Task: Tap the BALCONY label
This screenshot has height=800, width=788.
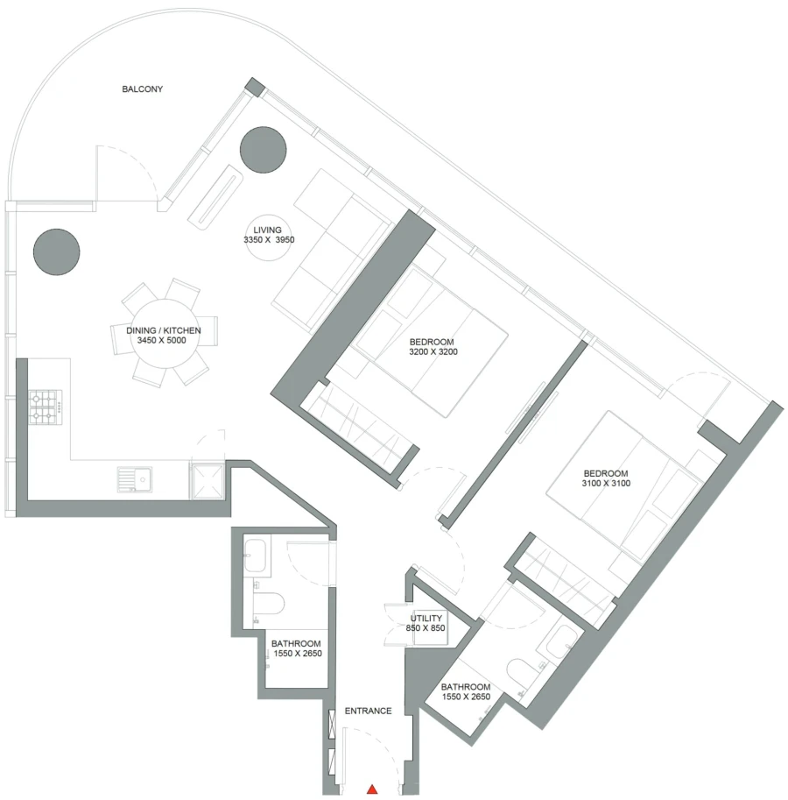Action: [x=143, y=89]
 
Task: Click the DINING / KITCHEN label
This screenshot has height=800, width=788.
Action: [x=164, y=330]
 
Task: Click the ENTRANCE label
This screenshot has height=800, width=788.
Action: [x=368, y=711]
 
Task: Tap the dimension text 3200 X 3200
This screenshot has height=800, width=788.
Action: [x=433, y=352]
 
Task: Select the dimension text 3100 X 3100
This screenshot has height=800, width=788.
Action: [x=606, y=483]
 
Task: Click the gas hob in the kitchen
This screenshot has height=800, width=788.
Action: [x=46, y=407]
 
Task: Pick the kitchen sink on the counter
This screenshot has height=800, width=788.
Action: [x=135, y=479]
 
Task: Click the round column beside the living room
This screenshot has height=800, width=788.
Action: [x=263, y=150]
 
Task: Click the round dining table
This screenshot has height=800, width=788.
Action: [x=164, y=335]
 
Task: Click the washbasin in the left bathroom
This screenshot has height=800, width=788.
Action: [x=257, y=554]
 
